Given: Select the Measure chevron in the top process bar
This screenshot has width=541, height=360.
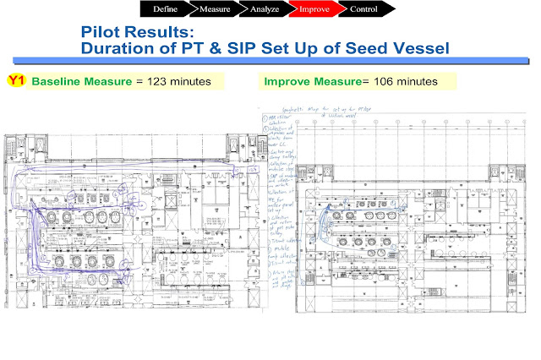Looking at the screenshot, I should click(x=215, y=9).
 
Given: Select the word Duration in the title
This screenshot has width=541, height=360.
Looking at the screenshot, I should click(x=119, y=49).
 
